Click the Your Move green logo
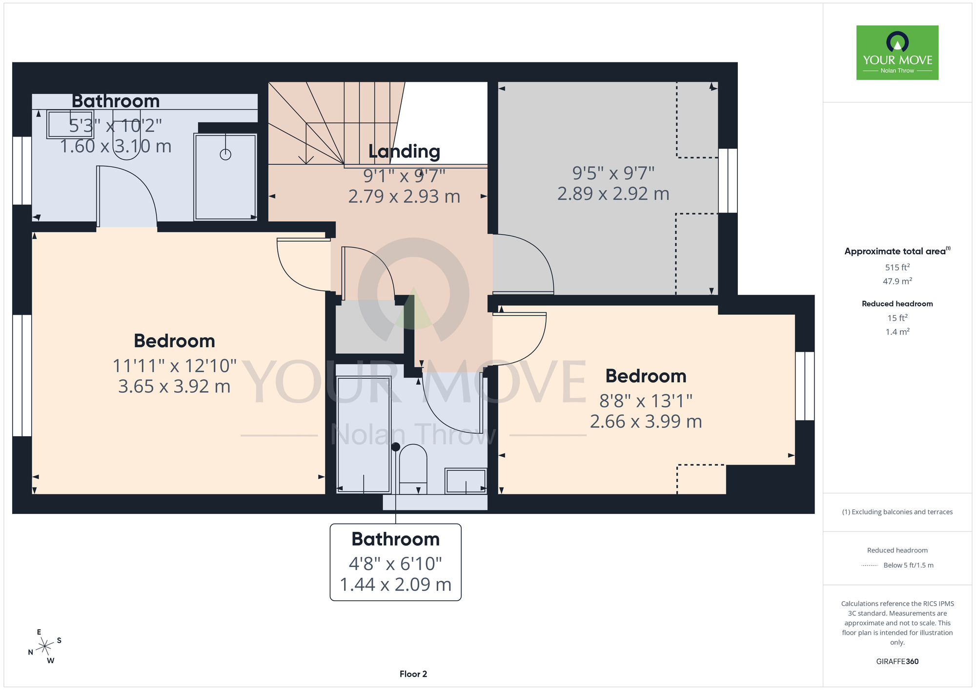[897, 53]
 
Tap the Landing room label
[404, 151]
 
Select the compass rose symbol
[45, 647]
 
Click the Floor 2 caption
[413, 674]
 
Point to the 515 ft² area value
[897, 267]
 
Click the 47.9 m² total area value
[897, 281]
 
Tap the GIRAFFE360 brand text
[897, 662]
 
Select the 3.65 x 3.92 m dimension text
[174, 386]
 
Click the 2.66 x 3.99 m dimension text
[646, 422]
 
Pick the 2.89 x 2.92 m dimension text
[613, 194]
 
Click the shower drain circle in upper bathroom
[225, 154]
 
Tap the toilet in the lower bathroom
[413, 468]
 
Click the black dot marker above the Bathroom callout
[396, 446]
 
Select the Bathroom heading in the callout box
[396, 539]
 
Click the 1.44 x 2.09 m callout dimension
[396, 585]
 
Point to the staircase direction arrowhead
[306, 160]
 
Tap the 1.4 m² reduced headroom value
[897, 332]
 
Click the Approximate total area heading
[897, 251]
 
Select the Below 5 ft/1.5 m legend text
[908, 565]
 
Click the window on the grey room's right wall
[728, 181]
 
